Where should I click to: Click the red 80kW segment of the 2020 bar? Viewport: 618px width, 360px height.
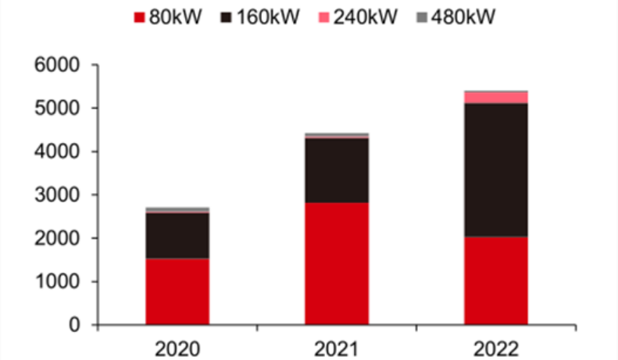click(177, 290)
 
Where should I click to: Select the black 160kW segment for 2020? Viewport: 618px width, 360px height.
click(177, 235)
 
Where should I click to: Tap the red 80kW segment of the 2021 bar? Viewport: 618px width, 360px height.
click(337, 263)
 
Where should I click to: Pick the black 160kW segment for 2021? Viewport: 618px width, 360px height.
click(337, 170)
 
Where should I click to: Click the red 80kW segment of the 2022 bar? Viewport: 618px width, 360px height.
click(496, 280)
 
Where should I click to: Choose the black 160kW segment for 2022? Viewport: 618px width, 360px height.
click(496, 169)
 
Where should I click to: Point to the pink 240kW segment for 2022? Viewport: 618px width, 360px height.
click(496, 97)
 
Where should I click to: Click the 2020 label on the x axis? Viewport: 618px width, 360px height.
click(177, 347)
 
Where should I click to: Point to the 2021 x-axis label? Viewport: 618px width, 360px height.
click(337, 347)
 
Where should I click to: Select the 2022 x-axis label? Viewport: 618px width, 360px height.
click(496, 347)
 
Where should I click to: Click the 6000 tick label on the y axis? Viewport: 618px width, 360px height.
click(58, 65)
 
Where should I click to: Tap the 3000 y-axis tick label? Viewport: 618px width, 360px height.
click(58, 194)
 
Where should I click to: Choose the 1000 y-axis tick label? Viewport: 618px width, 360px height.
click(58, 281)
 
